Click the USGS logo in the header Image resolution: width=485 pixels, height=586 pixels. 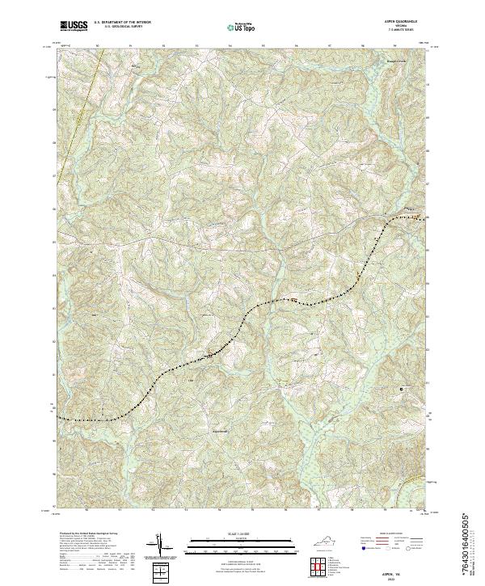[x=74, y=26]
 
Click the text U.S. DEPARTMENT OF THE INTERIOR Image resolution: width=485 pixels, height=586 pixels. [x=122, y=23]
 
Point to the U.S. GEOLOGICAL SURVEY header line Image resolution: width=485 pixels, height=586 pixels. [x=122, y=27]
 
